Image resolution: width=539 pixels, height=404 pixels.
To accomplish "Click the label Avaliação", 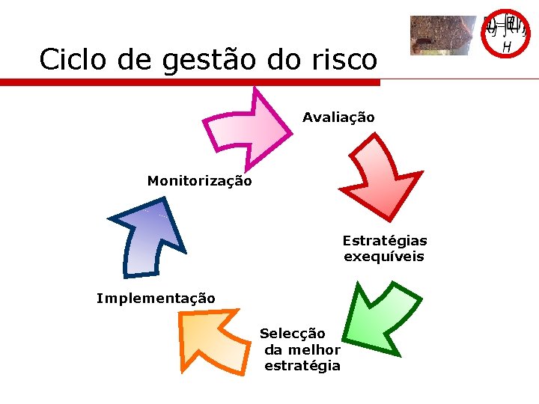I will (x=338, y=117).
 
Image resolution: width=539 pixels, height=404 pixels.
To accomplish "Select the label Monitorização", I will (x=199, y=181).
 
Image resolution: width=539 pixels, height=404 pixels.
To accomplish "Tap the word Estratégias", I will (x=385, y=241).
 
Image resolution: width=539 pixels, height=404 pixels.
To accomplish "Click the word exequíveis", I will (x=384, y=257).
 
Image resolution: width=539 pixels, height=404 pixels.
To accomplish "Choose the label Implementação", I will (x=156, y=299).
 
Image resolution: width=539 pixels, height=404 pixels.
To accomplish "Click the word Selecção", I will (x=293, y=334).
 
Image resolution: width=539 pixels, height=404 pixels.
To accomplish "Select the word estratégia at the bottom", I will (x=302, y=366).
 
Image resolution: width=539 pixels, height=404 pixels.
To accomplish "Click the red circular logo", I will (x=506, y=34).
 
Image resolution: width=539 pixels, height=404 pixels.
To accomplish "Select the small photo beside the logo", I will (x=442, y=36).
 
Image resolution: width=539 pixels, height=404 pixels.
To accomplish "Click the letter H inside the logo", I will (x=507, y=47).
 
